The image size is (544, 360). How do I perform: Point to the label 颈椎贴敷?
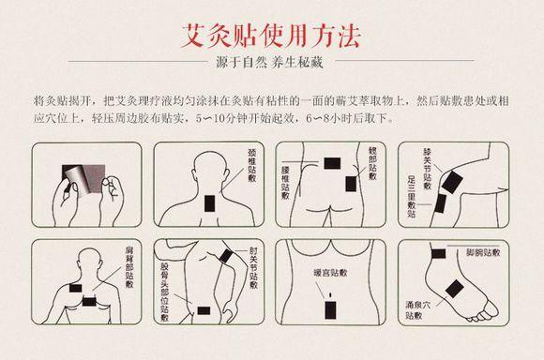251,174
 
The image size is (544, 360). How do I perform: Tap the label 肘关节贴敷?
253,266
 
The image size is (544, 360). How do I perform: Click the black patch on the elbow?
228,255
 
